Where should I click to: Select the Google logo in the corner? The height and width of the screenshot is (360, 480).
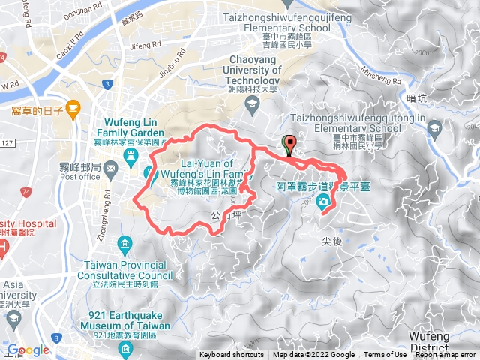[x=28, y=349]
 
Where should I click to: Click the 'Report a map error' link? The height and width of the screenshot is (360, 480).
[x=447, y=355]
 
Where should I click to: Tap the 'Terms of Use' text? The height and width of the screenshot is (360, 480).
[x=385, y=355]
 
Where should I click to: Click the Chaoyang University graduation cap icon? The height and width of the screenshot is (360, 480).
[x=253, y=101]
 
